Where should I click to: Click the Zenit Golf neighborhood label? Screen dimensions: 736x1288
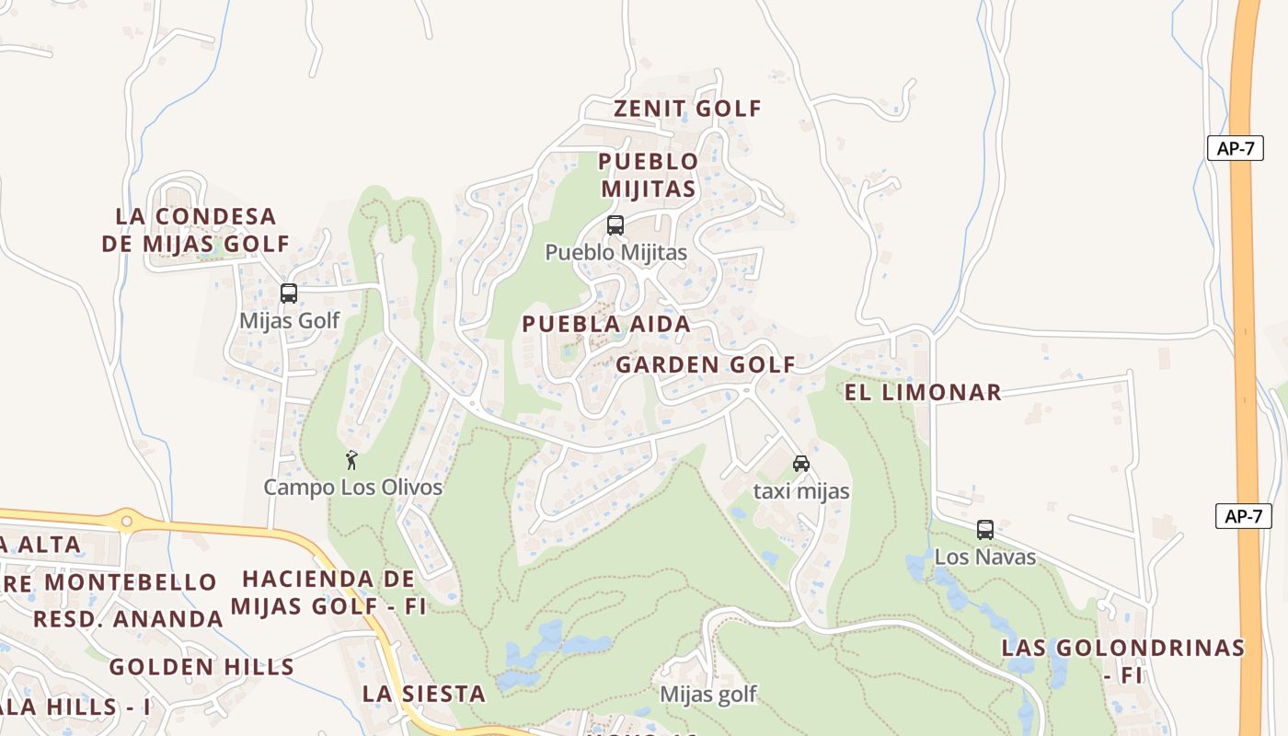687,109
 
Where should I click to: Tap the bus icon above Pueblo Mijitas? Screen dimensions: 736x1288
615,225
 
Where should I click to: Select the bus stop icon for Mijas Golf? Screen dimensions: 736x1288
289,293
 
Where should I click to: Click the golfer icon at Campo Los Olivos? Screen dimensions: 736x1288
351,460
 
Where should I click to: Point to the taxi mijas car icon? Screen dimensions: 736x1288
801,464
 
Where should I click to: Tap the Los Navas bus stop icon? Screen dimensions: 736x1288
985,530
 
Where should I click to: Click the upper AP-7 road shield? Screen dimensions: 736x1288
1235,148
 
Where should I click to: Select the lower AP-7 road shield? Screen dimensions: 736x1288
1243,516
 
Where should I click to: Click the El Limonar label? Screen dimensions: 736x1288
923,392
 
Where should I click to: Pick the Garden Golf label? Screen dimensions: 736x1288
705,364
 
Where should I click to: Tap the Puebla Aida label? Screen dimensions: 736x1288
605,324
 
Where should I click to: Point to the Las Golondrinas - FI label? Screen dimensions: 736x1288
1122,661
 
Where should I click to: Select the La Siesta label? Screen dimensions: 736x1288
423,694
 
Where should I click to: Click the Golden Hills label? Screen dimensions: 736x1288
201,667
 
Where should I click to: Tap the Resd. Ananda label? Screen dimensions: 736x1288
128,619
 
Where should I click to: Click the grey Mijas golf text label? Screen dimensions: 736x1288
708,695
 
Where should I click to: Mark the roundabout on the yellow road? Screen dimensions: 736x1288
126,522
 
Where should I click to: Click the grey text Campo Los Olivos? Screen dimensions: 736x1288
353,488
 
